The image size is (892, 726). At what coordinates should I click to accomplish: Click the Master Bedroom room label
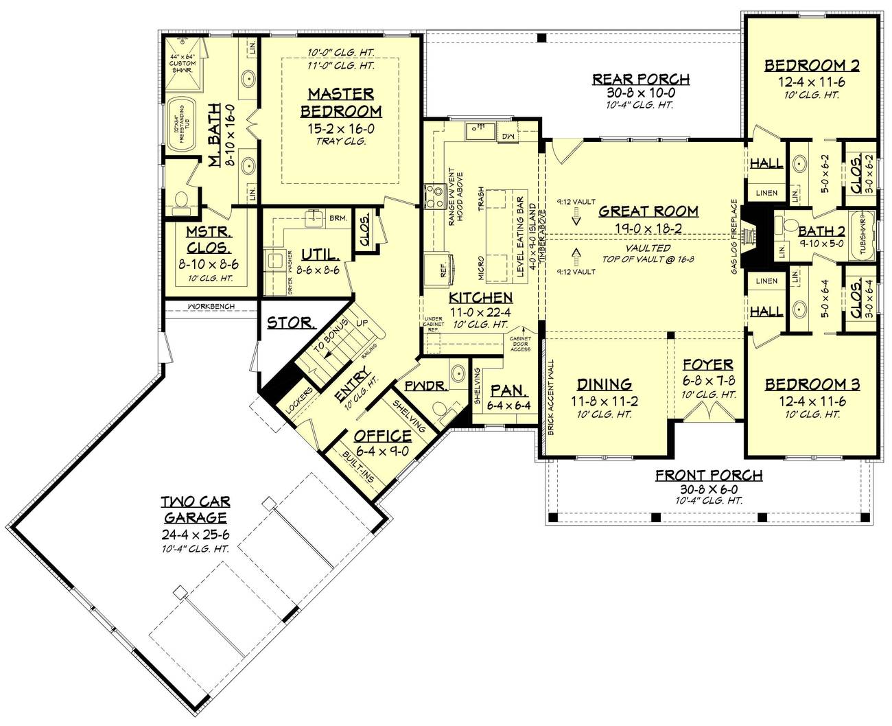[340, 102]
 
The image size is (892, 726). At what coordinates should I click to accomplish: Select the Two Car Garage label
[194, 508]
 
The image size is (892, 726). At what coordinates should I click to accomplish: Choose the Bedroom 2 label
[812, 66]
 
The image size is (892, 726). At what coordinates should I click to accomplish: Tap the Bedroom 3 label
[812, 384]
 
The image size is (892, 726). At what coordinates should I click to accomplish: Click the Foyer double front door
[706, 412]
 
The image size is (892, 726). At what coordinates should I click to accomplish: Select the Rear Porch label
[641, 80]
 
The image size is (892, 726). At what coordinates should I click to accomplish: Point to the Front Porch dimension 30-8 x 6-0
[709, 488]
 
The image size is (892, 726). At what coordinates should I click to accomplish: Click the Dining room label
[604, 384]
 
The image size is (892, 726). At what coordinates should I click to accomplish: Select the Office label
[382, 436]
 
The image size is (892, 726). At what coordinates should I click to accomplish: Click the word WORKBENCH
[211, 306]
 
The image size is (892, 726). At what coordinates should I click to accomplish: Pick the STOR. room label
[291, 323]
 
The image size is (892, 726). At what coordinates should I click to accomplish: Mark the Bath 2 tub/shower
[862, 237]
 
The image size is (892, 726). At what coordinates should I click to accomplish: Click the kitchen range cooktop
[434, 195]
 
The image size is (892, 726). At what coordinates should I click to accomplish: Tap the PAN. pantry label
[509, 390]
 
